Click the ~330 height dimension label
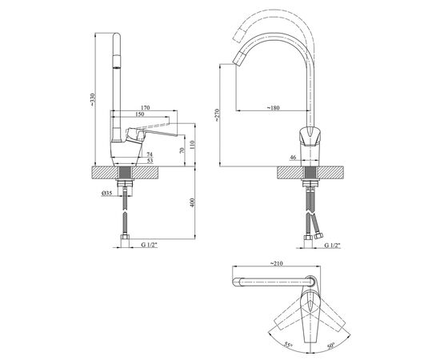coord(93,99)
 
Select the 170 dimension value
coord(146,107)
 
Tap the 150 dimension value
coord(139,114)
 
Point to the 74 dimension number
coord(150,154)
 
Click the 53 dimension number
coord(150,161)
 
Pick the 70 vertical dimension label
coord(182,150)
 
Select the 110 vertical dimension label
coord(192,145)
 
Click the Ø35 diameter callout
coord(107,193)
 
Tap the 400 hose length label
coord(192,202)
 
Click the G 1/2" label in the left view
coord(149,245)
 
